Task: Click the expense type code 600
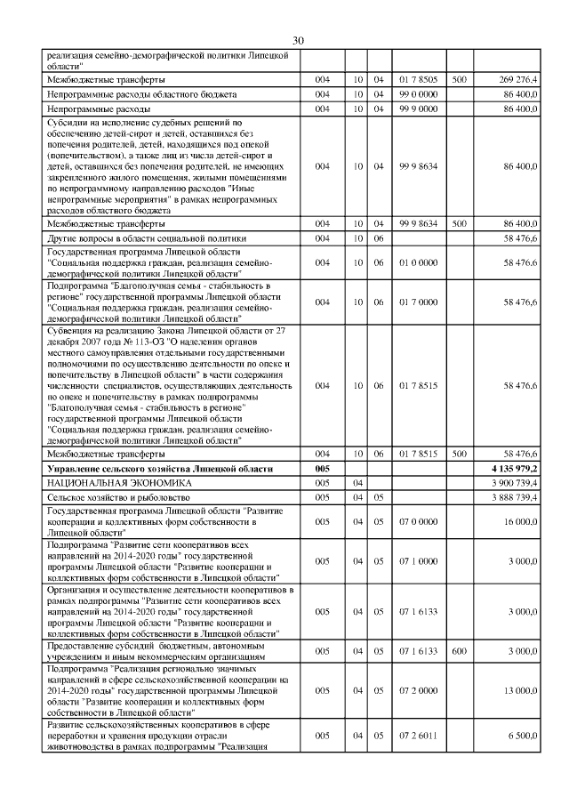459,651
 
